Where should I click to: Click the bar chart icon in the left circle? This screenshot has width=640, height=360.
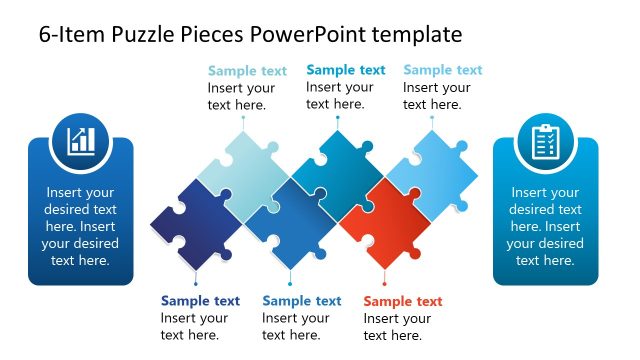point(81,140)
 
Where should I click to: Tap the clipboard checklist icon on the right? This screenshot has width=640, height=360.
point(545,141)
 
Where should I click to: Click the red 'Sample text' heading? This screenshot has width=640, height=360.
point(403,301)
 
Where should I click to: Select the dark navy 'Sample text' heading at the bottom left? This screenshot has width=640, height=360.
point(200,300)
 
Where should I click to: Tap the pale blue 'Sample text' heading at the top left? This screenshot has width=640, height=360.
point(247,71)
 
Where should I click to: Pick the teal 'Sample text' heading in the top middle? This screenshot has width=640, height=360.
point(345,70)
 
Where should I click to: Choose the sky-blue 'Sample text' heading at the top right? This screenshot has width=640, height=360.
point(442,70)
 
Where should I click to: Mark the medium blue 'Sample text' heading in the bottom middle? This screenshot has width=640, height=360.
point(301,301)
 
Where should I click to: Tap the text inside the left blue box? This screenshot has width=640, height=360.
point(81,227)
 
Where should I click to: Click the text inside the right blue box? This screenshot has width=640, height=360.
point(545,227)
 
